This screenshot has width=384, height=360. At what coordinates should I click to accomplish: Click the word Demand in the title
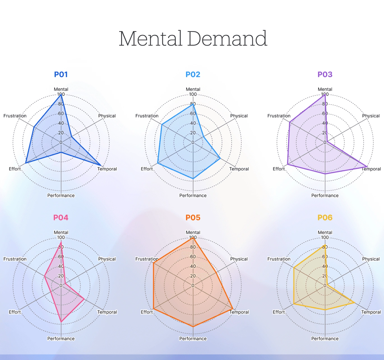click(227, 39)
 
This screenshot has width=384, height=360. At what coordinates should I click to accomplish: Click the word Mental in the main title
click(151, 39)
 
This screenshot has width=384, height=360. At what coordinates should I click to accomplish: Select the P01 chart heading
click(61, 74)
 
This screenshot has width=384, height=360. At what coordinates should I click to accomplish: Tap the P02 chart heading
click(193, 74)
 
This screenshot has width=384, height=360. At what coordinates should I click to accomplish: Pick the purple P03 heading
click(325, 74)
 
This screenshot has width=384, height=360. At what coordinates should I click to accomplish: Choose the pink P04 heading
click(61, 218)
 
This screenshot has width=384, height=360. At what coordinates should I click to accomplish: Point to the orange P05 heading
click(193, 218)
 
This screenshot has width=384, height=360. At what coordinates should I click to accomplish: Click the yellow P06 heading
click(325, 218)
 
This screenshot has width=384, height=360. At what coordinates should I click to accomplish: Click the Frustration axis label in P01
click(15, 116)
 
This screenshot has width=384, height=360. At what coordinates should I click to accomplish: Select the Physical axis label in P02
click(239, 116)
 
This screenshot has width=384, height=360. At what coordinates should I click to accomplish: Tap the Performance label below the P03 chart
click(325, 195)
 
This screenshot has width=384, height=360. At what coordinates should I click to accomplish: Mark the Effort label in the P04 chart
click(15, 312)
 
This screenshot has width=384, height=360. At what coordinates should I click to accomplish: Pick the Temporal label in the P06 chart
click(371, 312)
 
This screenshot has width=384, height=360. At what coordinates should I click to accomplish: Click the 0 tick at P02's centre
click(193, 142)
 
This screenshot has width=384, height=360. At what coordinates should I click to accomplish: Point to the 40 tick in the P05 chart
click(193, 266)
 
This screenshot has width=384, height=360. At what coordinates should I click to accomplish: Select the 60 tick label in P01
click(61, 114)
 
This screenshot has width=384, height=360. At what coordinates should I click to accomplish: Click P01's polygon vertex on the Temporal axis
click(101, 165)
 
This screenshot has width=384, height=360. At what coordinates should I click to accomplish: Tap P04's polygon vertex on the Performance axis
click(61, 322)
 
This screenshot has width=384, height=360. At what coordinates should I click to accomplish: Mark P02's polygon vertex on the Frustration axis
click(162, 124)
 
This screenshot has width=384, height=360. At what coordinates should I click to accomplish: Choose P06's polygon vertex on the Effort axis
click(294, 304)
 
